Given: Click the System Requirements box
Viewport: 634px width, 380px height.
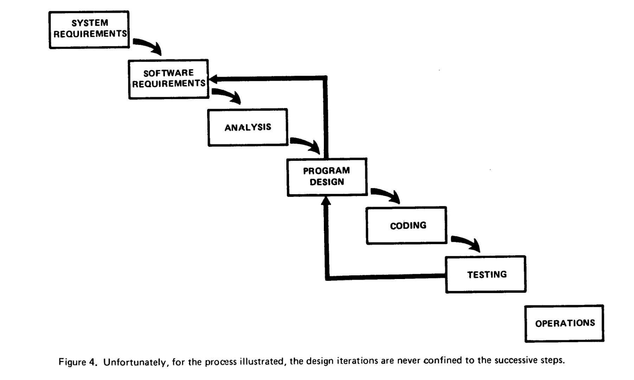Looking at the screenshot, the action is point(89,30).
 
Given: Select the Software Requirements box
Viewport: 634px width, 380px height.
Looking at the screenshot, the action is point(169,79).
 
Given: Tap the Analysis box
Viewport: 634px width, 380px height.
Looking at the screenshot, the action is point(248,127).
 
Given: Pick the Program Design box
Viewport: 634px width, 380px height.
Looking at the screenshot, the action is point(327,177).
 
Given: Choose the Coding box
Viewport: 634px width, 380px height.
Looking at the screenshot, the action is point(406,226).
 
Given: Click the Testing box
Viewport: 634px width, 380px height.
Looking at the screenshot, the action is point(486,274).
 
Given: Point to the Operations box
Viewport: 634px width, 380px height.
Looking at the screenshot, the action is point(564,323).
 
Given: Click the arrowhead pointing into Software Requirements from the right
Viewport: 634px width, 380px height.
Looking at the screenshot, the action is point(213,79).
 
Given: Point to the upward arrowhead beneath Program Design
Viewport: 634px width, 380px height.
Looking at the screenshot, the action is point(326,201).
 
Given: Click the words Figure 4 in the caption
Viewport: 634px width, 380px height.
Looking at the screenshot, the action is point(77,362).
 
